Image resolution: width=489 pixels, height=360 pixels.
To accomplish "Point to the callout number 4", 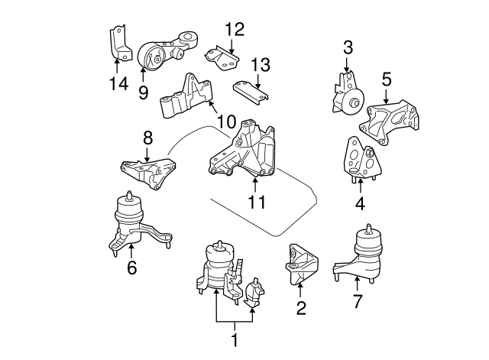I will click(x=359, y=204).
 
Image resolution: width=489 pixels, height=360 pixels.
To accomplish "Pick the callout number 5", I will click(x=387, y=78).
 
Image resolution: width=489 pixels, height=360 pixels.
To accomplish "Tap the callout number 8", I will click(x=148, y=138).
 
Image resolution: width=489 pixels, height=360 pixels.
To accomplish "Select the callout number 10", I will click(x=225, y=121).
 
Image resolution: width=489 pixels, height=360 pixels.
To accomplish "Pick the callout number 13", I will click(x=260, y=63).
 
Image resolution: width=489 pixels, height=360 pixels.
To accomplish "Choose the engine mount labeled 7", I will click(x=365, y=252).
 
